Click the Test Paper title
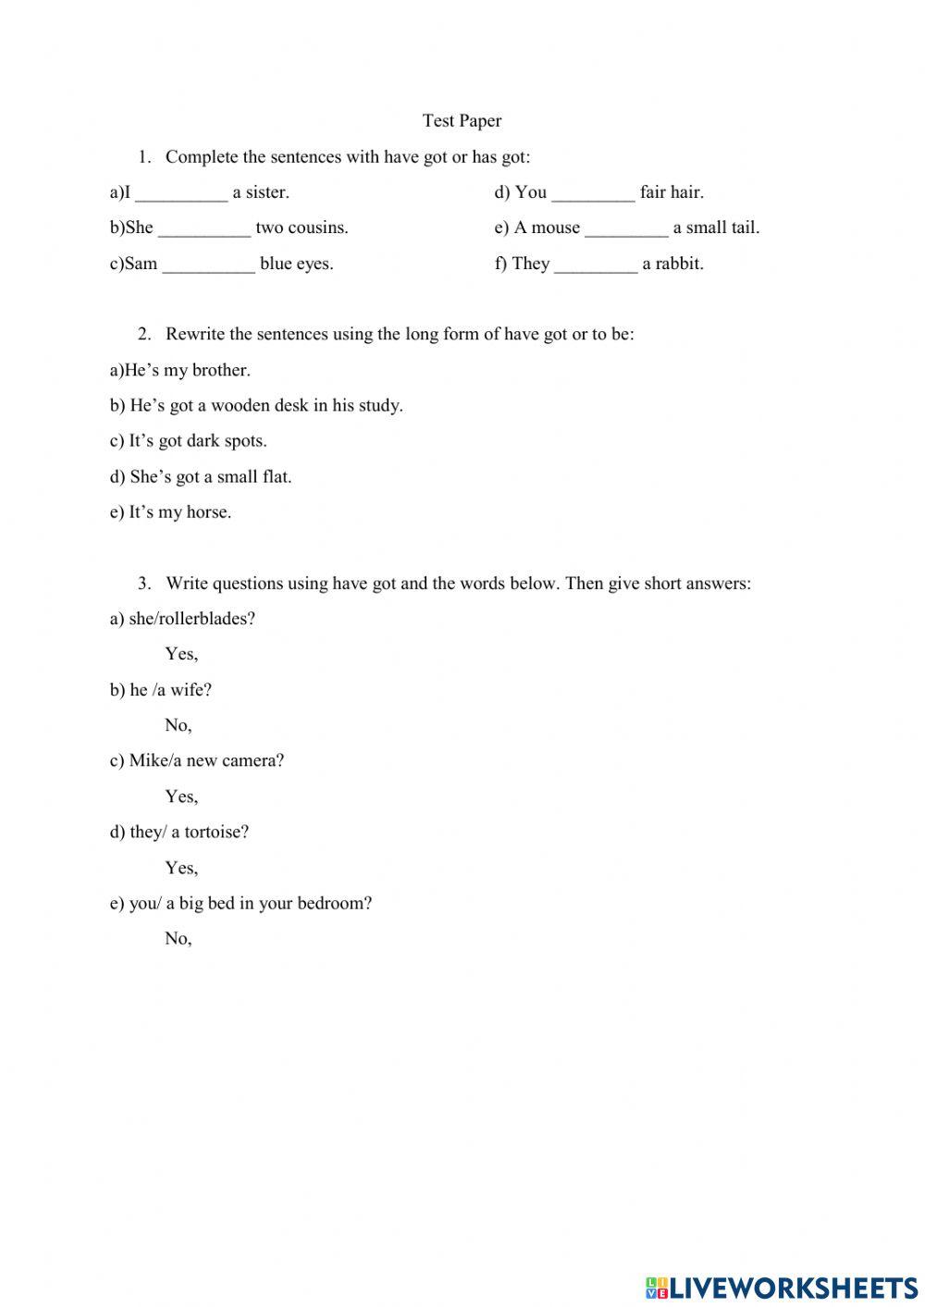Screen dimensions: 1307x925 pos(462,120)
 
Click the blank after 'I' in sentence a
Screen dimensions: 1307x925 pos(181,194)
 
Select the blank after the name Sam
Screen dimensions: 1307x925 pos(209,265)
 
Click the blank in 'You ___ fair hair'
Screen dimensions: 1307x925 pos(593,194)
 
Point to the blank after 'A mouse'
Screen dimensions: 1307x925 pos(626,229)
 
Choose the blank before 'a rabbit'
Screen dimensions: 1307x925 pos(596,265)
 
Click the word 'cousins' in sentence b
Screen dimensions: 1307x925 pos(317,228)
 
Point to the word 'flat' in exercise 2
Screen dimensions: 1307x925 pos(276,477)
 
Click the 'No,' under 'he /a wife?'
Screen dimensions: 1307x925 pos(179,726)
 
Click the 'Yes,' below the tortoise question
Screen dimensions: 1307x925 pos(181,868)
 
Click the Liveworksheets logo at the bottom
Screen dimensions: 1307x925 pos(782,1288)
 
